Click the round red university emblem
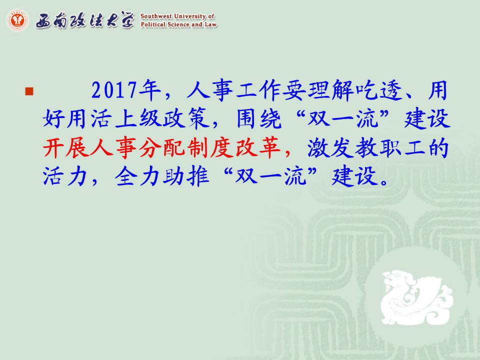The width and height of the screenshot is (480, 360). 17,20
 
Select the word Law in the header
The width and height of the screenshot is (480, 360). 211,24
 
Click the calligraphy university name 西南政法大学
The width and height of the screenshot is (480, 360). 85,20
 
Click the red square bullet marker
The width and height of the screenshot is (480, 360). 29,91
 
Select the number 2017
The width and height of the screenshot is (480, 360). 114,91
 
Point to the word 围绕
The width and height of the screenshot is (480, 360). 259,118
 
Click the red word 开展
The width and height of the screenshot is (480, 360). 66,147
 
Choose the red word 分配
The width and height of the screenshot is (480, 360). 162,147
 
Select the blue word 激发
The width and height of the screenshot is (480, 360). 331,147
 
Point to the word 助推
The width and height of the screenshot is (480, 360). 186,176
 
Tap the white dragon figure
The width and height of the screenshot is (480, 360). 416,296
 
